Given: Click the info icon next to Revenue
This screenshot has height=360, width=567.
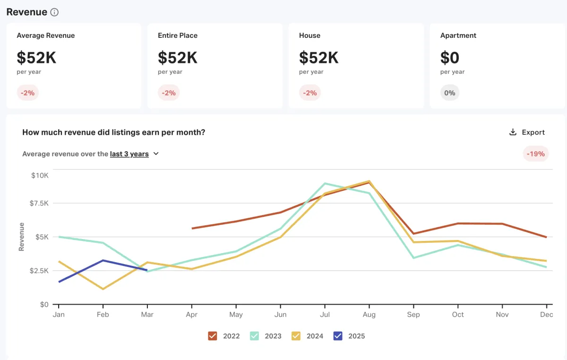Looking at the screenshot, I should [54, 12].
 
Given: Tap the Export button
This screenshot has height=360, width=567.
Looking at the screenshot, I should [527, 132].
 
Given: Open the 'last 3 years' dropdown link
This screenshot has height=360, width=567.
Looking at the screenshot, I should [129, 154].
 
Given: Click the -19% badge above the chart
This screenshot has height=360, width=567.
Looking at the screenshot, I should [536, 154].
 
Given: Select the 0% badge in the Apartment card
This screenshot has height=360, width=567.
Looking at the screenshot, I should [449, 93].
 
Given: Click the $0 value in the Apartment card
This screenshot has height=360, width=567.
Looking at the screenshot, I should [449, 58].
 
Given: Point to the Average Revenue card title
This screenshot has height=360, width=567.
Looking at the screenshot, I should [46, 35].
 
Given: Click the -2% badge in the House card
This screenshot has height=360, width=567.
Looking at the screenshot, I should [310, 93].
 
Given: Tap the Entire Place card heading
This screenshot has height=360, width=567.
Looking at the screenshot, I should [178, 35].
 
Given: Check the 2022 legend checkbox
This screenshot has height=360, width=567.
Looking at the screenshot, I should [213, 336].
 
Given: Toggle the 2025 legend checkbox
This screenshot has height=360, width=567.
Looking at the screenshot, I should [338, 336].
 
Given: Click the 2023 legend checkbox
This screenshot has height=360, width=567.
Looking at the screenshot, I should [254, 336].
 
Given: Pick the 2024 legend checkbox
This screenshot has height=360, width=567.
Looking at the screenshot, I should [296, 336].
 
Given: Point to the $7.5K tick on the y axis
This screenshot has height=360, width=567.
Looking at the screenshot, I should [40, 203].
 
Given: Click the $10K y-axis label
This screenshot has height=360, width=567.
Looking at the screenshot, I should [40, 175].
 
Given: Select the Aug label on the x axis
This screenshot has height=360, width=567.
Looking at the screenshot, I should [369, 315].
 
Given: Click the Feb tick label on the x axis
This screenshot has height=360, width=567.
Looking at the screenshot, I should [103, 315].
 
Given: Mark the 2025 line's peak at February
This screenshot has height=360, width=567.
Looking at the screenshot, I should [103, 260].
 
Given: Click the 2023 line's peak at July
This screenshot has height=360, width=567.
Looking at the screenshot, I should [325, 183].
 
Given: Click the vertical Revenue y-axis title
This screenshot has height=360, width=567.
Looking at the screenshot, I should [21, 236].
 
